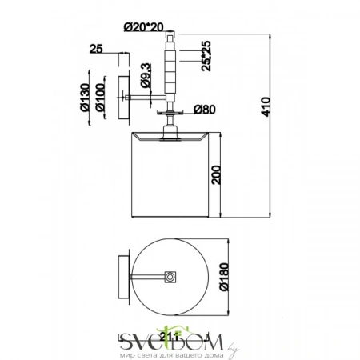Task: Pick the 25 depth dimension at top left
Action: coord(96,50)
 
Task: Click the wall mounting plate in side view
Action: coord(123,98)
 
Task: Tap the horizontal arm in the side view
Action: coord(146,98)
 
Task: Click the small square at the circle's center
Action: coord(170,277)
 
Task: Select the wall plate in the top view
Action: coord(122,277)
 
